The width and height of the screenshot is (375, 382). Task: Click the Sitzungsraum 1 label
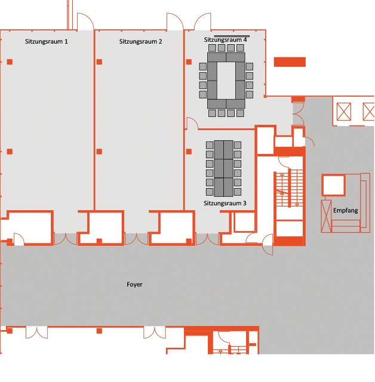[47, 41]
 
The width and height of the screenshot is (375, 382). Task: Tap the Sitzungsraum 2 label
[140, 41]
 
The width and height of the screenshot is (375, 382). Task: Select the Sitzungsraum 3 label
[225, 203]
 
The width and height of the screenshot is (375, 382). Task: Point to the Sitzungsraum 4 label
[225, 39]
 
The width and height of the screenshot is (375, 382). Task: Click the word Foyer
[134, 284]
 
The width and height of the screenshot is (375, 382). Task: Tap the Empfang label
[346, 210]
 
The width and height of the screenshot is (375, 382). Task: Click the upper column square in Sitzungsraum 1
[10, 62]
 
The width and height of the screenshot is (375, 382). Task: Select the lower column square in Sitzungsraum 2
[99, 152]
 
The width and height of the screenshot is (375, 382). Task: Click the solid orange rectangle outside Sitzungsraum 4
[290, 62]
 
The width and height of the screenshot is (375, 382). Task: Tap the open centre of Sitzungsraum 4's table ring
[226, 80]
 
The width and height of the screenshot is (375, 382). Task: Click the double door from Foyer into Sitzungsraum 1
[65, 239]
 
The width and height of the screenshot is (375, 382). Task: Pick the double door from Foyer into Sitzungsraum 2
[136, 239]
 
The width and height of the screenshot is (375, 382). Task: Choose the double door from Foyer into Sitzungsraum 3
[207, 239]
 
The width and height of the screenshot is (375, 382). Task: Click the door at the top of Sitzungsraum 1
[85, 21]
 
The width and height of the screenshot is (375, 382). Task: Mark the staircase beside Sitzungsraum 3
[290, 188]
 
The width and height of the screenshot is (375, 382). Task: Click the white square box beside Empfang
[333, 185]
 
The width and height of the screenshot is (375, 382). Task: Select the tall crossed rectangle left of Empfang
[326, 216]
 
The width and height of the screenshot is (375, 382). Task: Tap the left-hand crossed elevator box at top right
[344, 112]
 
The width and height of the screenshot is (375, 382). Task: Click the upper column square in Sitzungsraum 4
[189, 62]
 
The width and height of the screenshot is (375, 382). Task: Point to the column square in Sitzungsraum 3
[189, 152]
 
